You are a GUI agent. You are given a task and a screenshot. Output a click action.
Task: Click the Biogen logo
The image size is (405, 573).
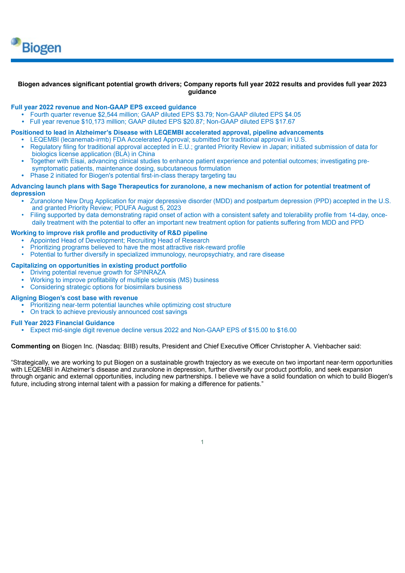click(x=36, y=46)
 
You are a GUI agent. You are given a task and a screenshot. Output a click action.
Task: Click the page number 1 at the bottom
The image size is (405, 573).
click(x=202, y=442)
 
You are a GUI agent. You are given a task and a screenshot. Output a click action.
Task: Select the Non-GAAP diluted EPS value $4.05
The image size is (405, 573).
click(x=293, y=115)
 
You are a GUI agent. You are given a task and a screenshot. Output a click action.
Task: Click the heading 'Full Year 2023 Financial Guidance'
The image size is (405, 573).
click(x=63, y=323)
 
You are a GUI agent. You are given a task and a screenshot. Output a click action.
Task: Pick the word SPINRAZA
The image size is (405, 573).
click(x=150, y=272)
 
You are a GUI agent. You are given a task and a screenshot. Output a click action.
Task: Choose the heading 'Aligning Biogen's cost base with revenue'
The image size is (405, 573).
click(x=74, y=298)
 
